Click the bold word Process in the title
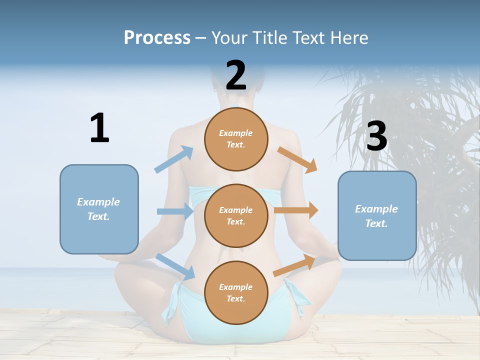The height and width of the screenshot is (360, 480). click(157, 37)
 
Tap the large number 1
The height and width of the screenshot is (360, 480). click(99, 128)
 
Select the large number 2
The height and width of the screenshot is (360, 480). click(236, 75)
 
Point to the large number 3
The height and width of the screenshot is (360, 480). click(376, 136)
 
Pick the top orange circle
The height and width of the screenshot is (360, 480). click(236, 139)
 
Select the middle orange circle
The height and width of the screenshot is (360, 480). click(236, 216)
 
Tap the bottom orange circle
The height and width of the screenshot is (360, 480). click(236, 293)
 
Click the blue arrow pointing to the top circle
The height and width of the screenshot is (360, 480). click(174, 159)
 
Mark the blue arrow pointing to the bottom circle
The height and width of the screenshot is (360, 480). click(175, 266)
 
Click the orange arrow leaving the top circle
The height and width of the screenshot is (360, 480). click(297, 159)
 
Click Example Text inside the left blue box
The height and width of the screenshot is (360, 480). click(98, 209)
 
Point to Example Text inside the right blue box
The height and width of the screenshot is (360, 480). click(376, 216)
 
